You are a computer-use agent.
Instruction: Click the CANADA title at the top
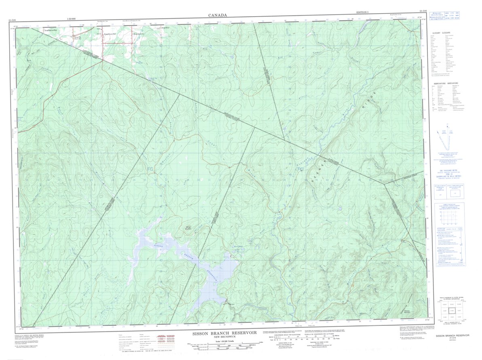[x=218, y=15]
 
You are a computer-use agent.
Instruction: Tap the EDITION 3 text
[x=363, y=13]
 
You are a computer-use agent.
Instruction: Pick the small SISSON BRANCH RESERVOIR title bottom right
[x=452, y=335]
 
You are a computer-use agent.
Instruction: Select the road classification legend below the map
[x=142, y=342]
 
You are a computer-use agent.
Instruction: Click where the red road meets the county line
[x=102, y=61]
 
